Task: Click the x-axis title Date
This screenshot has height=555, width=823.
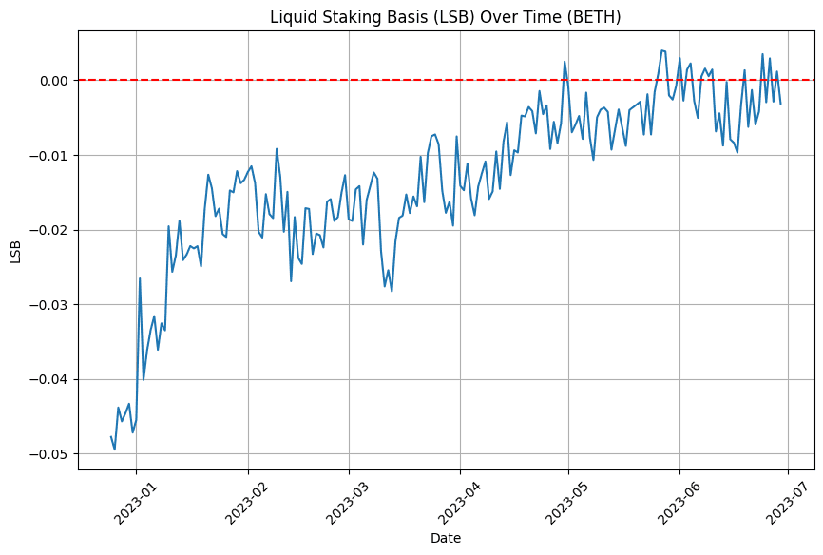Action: coord(446,538)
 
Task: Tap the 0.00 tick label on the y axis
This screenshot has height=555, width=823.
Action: coord(52,81)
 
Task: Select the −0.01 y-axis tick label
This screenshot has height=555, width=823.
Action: coord(48,155)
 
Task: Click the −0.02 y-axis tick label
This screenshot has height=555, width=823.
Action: coord(48,230)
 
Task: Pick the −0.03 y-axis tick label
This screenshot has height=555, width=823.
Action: coord(48,305)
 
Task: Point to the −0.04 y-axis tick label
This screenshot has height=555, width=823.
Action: coord(48,379)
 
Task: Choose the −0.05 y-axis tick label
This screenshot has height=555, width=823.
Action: coord(48,454)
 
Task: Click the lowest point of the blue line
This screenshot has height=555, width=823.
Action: coord(115,450)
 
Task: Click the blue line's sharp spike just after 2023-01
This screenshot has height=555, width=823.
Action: coord(140,278)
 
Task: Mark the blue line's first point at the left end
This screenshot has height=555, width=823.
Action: coord(111,436)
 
